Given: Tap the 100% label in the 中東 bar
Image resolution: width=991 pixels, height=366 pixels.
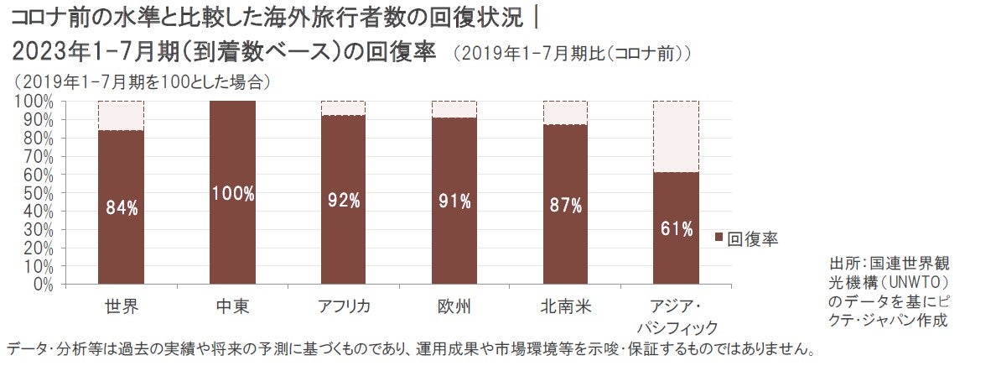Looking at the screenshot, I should [x=232, y=194].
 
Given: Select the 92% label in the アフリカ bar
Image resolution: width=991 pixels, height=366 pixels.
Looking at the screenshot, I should [x=344, y=201].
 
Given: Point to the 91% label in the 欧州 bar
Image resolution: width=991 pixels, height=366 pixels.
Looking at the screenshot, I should [x=455, y=201].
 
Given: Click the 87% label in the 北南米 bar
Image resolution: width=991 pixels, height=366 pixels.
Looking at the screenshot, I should [x=566, y=207].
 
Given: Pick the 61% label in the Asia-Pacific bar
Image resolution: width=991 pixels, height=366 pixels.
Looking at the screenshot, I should [x=676, y=229].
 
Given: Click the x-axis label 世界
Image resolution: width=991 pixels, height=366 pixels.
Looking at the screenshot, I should [x=122, y=306].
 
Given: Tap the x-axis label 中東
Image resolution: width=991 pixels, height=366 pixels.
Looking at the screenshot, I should [x=232, y=306].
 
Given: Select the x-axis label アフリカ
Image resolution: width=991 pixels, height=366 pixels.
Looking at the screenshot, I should [x=344, y=306].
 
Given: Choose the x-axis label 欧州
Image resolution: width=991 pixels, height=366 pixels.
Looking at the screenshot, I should [x=455, y=306].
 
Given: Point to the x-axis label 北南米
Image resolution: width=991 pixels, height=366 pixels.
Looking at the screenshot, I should [x=566, y=306].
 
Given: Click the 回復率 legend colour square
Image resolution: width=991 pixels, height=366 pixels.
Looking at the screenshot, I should [x=719, y=239].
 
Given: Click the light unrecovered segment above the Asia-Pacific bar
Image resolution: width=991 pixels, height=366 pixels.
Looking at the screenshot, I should [x=676, y=136].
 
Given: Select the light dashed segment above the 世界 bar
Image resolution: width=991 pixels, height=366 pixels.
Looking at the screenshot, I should [x=122, y=115].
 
